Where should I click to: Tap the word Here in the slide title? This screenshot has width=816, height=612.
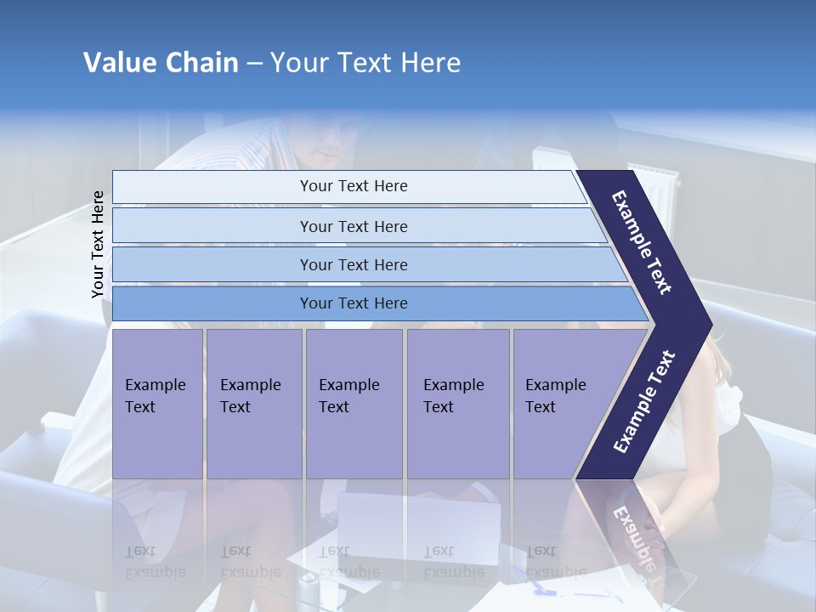click(430, 63)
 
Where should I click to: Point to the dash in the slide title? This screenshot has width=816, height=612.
click(254, 64)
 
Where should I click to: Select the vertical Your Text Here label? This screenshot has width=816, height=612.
click(99, 245)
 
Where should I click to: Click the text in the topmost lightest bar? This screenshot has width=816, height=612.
click(354, 186)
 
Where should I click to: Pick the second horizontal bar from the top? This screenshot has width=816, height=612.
click(354, 226)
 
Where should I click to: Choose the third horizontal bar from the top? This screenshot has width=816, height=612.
click(354, 264)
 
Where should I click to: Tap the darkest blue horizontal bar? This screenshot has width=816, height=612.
click(354, 303)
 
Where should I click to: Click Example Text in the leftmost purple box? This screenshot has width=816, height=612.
click(155, 396)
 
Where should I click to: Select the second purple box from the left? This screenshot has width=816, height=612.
click(253, 403)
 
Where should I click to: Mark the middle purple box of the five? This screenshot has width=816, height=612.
click(354, 403)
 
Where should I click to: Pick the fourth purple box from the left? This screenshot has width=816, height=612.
click(457, 403)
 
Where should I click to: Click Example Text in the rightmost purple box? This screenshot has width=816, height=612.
click(555, 396)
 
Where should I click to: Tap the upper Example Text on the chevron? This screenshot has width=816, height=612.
click(642, 242)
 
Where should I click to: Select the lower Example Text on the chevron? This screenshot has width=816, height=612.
click(643, 402)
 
